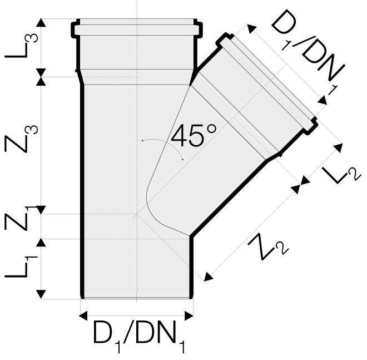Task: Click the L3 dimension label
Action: pos(21,45)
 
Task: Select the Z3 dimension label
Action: pos(21,139)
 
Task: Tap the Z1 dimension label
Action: pos(21,218)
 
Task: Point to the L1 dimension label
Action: pos(21,266)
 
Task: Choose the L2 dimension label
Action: pos(342,174)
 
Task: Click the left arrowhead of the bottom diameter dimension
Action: pos(83,315)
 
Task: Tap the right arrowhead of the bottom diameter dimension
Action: pos(189,315)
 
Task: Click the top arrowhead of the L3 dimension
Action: pos(41,22)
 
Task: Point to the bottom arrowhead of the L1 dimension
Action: pos(41,294)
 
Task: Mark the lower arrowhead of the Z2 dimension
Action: pos(209,277)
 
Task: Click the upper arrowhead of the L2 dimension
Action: pos(339,148)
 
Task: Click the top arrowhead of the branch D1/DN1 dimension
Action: pos(251,29)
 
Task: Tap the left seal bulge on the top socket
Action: pos(75,29)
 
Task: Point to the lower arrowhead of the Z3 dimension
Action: pos(41,209)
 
